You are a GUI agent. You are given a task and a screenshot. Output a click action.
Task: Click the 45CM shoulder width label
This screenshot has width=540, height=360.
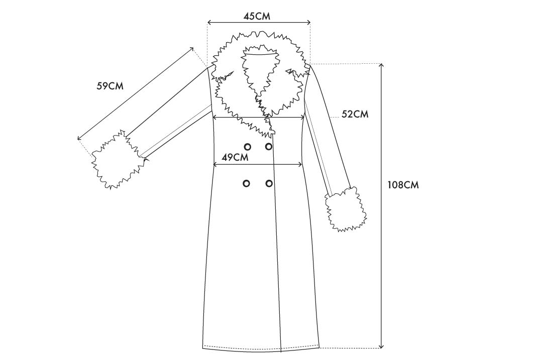[257, 16]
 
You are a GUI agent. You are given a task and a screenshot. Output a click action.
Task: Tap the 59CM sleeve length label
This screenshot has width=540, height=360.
[110, 86]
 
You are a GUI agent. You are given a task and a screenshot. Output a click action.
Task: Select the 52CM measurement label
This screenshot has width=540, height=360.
[355, 114]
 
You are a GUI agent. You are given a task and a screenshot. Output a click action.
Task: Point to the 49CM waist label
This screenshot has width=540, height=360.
[235, 158]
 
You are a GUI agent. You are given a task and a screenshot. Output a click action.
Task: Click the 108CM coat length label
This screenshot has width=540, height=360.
[403, 185]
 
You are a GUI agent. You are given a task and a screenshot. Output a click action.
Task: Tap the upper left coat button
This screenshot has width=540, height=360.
[247, 147]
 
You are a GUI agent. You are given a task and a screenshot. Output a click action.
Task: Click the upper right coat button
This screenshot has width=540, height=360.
[269, 147]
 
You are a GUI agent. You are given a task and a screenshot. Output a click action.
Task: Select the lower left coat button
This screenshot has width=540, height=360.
[246, 183]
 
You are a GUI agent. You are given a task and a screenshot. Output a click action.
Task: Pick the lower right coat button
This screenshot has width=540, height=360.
[269, 183]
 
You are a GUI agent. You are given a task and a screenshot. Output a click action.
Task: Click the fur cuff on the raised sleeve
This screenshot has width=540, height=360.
[117, 160]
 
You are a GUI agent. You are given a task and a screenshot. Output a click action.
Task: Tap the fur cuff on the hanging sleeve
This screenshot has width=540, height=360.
[346, 209]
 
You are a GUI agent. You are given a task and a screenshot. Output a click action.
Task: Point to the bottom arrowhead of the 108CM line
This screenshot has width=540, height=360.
[381, 345]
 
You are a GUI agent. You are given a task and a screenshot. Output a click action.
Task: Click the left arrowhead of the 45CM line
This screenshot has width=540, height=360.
[209, 23]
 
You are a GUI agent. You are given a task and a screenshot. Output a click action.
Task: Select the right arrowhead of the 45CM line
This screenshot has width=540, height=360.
[308, 23]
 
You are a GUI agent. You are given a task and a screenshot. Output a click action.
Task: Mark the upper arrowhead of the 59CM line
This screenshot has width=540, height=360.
[191, 49]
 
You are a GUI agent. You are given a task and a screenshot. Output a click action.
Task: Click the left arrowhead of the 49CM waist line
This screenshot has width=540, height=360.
[215, 165]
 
